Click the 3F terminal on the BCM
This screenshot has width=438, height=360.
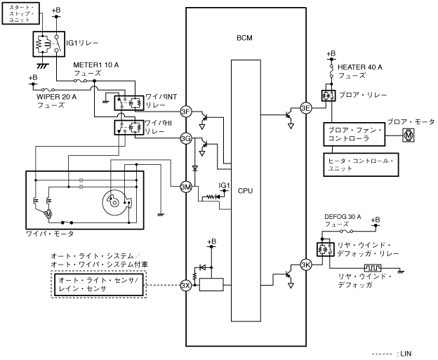tap(186, 112)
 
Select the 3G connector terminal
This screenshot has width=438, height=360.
tap(186, 138)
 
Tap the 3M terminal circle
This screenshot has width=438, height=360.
tap(186, 187)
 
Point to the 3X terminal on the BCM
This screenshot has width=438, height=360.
tap(186, 285)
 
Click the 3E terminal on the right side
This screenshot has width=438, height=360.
tap(305, 108)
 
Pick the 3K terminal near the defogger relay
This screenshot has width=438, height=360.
tap(305, 265)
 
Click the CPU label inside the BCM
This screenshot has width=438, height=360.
tap(246, 190)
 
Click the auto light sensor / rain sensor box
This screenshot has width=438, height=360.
tap(99, 285)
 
